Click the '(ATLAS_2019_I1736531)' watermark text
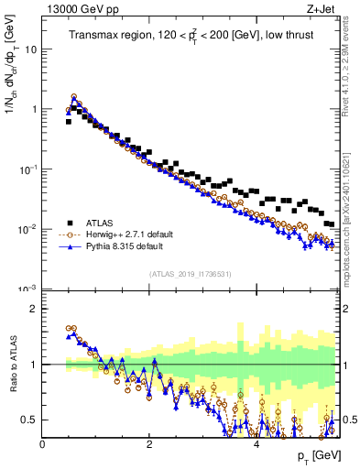[191, 273]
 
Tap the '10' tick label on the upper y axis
[31, 49]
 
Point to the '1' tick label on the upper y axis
[35, 109]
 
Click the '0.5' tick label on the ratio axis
[29, 420]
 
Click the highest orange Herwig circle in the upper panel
[74, 96]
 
